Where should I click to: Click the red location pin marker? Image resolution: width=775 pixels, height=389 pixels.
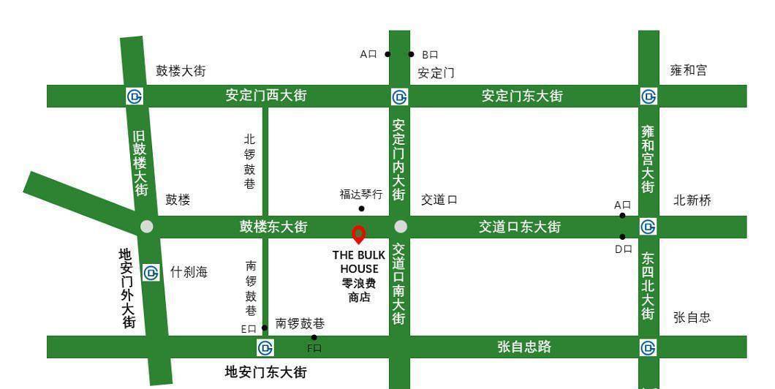(x=358, y=234)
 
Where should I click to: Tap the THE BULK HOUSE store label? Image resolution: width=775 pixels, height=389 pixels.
(x=359, y=276)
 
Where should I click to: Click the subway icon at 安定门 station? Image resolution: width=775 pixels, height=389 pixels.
(x=399, y=97)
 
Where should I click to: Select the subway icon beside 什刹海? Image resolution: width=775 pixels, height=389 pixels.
(x=151, y=273)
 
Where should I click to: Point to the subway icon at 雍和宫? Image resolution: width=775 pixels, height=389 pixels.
(x=649, y=97)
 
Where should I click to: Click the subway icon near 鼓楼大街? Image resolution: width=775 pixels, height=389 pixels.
(x=135, y=97)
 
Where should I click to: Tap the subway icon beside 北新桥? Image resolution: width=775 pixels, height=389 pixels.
(x=649, y=227)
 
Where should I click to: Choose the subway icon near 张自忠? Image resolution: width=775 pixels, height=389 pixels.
(x=649, y=347)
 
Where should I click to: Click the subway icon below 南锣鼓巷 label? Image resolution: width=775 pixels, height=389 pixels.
(x=265, y=347)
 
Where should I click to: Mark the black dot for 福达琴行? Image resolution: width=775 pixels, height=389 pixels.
(x=361, y=208)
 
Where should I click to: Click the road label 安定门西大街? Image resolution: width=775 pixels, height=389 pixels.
(x=265, y=96)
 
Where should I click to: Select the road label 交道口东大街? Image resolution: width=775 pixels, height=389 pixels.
(x=520, y=227)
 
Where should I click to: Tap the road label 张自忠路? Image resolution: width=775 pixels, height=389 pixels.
(x=524, y=347)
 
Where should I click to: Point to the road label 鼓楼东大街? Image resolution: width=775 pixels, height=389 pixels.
(x=273, y=227)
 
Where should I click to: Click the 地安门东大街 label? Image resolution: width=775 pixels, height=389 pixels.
(x=265, y=372)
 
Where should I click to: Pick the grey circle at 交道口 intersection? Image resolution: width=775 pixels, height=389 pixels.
(x=400, y=227)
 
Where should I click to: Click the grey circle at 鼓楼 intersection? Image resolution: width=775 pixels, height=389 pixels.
(x=147, y=227)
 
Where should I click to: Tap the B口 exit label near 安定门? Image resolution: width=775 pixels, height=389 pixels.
(x=430, y=54)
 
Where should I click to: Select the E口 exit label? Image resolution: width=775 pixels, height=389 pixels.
(x=249, y=329)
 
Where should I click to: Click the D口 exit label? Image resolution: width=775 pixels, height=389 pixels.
(x=622, y=249)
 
